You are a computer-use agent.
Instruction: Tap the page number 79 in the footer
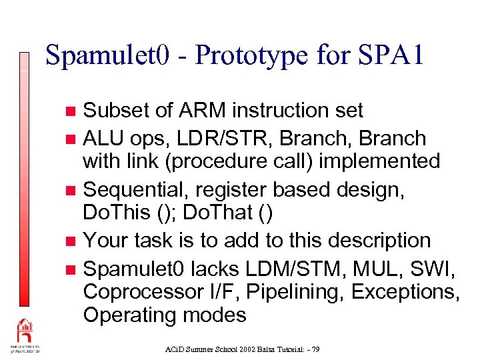click(x=315, y=349)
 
